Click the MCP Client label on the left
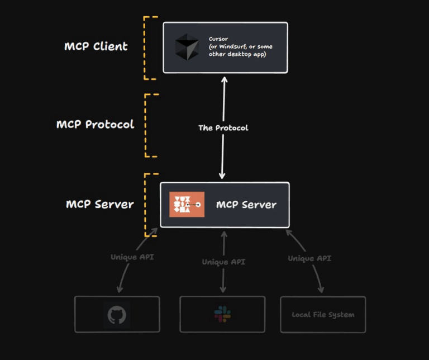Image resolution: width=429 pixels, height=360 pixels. (96, 46)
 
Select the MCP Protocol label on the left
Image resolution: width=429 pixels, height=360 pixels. (95, 124)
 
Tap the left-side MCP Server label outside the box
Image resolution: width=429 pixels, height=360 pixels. (99, 204)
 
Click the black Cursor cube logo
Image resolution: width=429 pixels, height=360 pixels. (187, 47)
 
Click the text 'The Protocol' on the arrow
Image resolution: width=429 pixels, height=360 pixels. (223, 128)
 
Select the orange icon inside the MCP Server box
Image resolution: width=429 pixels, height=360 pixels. (187, 205)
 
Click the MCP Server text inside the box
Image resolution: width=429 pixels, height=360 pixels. (246, 205)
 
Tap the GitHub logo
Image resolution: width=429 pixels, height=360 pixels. (117, 315)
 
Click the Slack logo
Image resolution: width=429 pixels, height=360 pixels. (222, 314)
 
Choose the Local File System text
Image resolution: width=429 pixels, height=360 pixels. (323, 315)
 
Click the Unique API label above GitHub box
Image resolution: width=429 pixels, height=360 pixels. (132, 257)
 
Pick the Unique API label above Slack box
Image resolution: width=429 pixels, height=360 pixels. (223, 262)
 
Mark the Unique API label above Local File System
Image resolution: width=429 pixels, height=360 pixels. (309, 258)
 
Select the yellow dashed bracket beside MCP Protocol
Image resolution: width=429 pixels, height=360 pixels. (146, 125)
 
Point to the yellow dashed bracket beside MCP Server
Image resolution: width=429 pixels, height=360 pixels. (146, 204)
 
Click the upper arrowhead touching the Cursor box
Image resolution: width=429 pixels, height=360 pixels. (224, 79)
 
